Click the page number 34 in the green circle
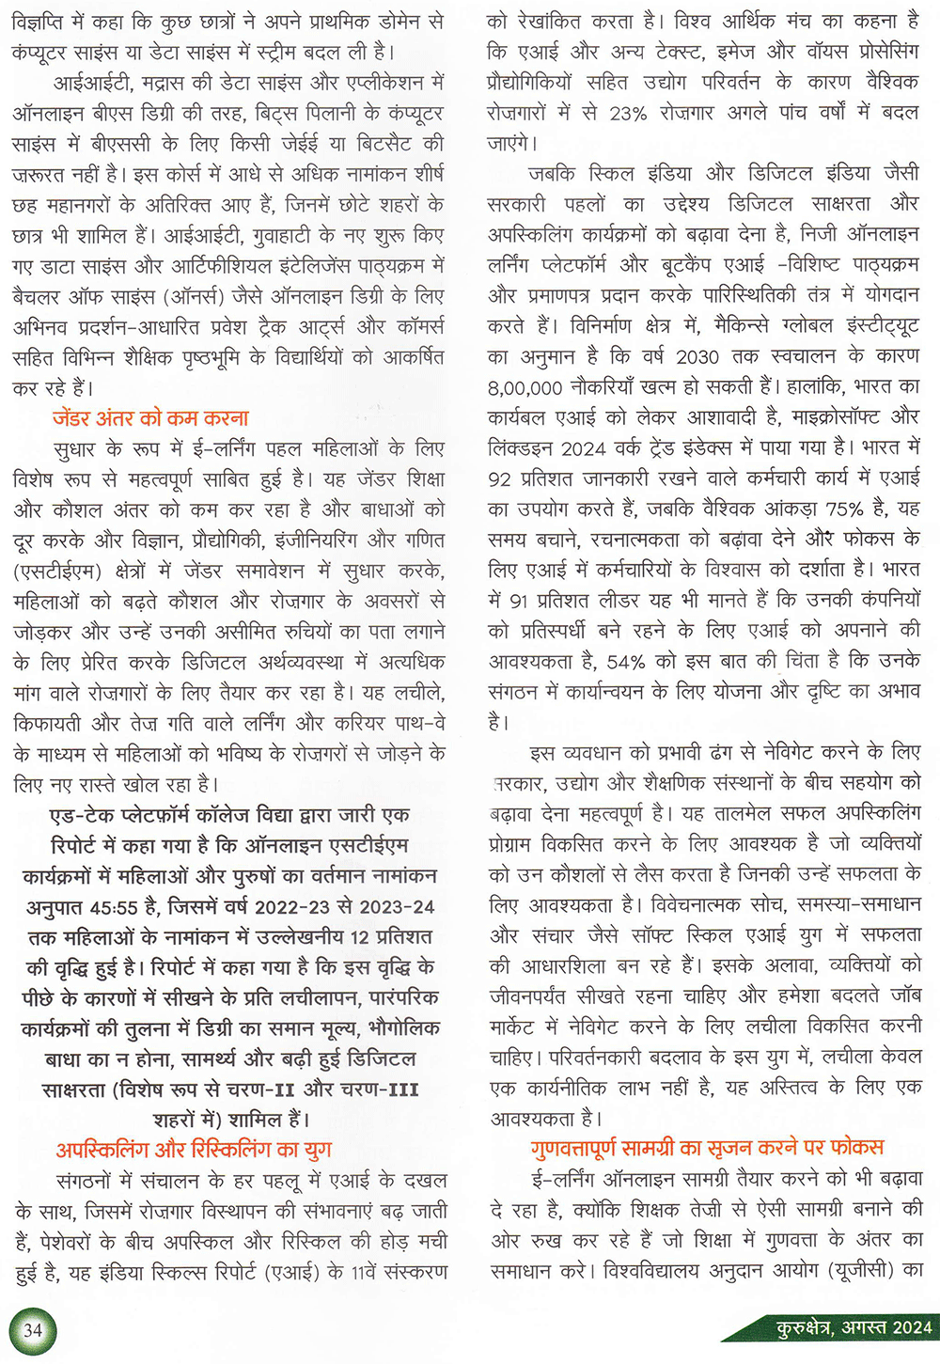pyautogui.click(x=33, y=1329)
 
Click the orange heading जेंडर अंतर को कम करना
pyautogui.click(x=150, y=418)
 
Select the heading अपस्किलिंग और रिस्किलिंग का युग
pyautogui.click(x=194, y=1150)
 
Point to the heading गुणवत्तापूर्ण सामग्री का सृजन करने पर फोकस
pyautogui.click(x=707, y=1148)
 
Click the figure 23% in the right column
pyautogui.click(x=628, y=113)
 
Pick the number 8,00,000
pyautogui.click(x=525, y=386)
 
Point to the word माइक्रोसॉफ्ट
pyautogui.click(x=817, y=416)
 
